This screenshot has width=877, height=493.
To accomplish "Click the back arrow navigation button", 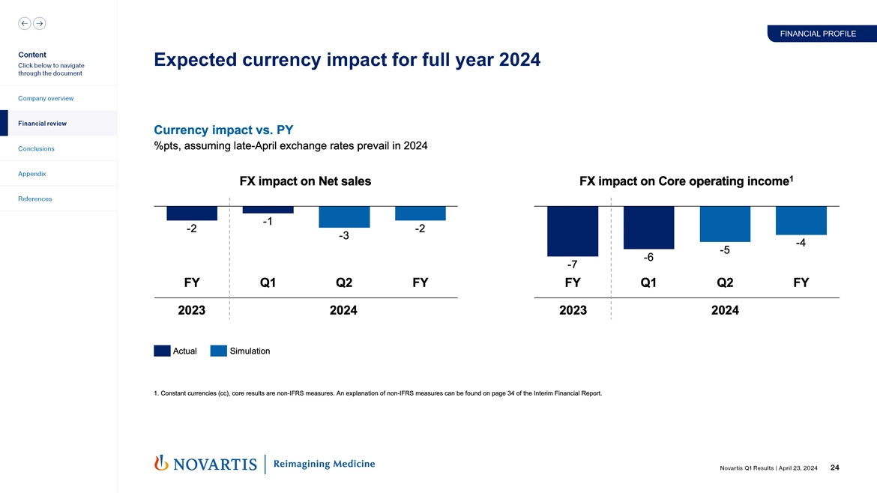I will point(25,23).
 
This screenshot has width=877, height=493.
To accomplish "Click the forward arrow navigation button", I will point(40,23).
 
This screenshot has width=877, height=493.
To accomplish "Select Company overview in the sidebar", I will point(46,98).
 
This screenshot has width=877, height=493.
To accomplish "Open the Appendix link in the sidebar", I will point(32,173).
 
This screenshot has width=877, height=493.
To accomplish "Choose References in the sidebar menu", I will point(35,199).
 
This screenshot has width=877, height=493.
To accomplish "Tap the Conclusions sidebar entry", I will point(37,148).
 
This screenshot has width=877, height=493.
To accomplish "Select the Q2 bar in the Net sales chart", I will point(344,217).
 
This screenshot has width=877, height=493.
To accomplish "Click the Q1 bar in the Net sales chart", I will point(268,210).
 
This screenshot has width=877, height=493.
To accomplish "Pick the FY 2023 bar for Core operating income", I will point(573,231).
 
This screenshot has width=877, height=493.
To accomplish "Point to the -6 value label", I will point(648,257).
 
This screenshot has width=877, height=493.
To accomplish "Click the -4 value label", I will point(801,243).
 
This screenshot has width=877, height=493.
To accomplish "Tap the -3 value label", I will point(344,236).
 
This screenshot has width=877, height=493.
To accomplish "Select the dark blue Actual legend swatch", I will point(162,351).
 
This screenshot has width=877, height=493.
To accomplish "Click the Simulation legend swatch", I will point(219,351).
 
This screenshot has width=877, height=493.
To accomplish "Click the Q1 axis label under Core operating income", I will point(648,282).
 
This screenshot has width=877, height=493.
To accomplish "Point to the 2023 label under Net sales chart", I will point(192,310).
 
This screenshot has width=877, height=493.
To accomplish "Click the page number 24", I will point(834,468).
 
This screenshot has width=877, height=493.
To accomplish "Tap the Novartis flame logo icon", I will point(160,464).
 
